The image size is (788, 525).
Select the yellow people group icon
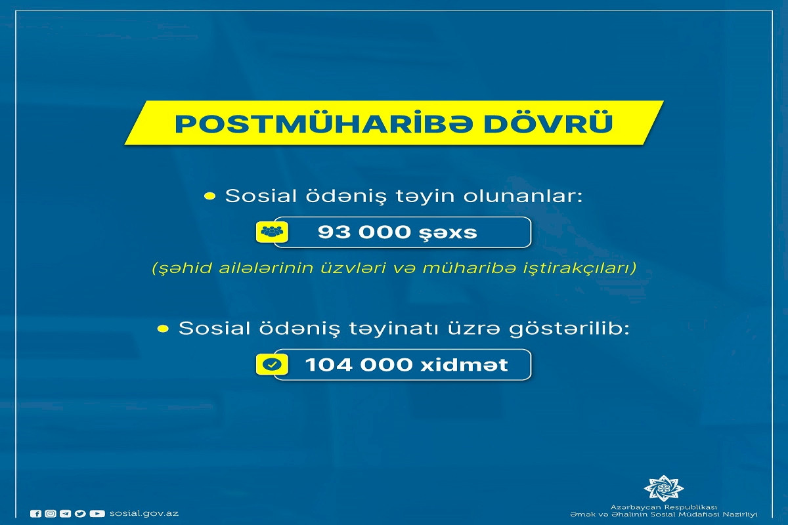[x=272, y=232]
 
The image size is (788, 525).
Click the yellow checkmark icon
[x=272, y=364]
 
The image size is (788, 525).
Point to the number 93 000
[x=364, y=232]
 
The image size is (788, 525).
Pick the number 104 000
[x=359, y=365]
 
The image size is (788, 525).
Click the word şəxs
[x=448, y=233]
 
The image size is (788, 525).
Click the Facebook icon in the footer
[x=35, y=514]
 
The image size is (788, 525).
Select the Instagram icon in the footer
[x=51, y=514]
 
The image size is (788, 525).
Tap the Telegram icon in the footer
[x=65, y=514]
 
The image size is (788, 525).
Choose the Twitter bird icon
[x=80, y=514]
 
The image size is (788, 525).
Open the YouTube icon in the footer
[x=97, y=514]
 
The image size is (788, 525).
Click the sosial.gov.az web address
[x=144, y=513]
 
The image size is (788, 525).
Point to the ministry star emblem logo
[x=663, y=488]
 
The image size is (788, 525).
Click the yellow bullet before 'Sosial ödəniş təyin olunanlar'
[x=209, y=196]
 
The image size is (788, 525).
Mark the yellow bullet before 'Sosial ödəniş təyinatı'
[x=164, y=329]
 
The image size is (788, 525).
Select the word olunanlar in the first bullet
[x=523, y=196]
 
